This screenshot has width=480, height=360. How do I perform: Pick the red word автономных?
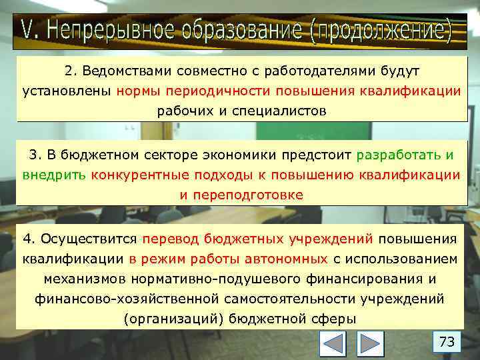[291, 259]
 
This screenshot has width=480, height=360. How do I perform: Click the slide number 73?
[447, 342]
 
